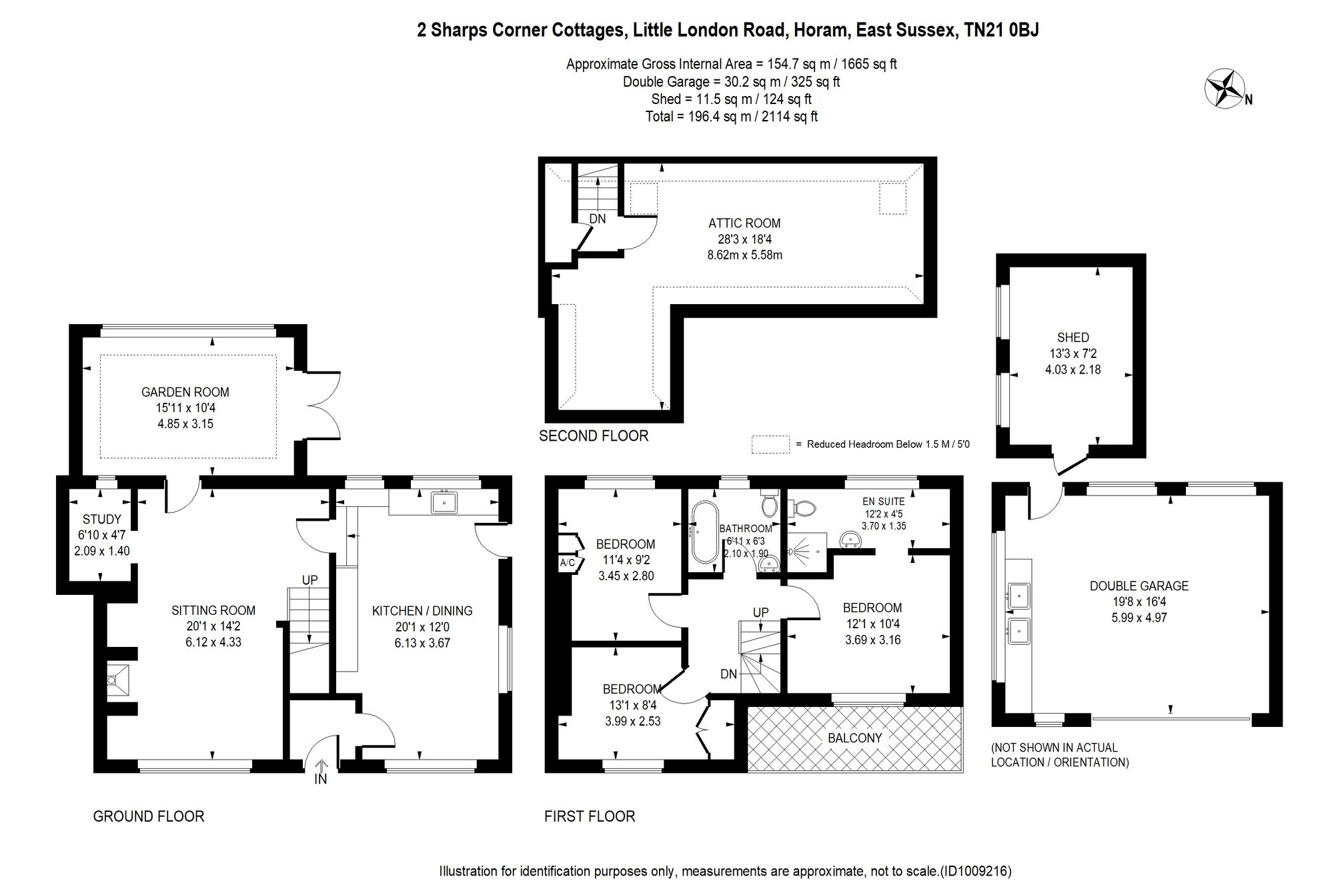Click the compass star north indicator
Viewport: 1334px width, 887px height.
(x=1225, y=89)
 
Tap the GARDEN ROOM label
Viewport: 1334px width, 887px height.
(x=185, y=392)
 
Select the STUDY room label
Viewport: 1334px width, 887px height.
(x=102, y=519)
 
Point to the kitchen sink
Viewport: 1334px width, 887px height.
(x=444, y=502)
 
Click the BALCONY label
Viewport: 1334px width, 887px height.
(x=855, y=738)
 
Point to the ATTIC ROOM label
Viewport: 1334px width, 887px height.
(x=744, y=223)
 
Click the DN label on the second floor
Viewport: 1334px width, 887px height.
(x=598, y=219)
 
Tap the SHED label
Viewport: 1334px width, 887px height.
(x=1073, y=337)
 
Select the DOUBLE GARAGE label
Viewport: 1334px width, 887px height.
(x=1139, y=586)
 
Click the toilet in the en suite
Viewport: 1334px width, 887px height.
(x=802, y=509)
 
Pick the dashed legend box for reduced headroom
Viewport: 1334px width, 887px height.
(x=770, y=444)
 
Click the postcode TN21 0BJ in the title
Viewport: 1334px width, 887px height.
(x=1002, y=30)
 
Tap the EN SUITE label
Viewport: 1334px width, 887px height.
(x=883, y=502)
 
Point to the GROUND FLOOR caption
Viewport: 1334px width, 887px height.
(x=149, y=816)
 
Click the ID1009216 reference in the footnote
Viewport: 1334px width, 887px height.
(x=976, y=871)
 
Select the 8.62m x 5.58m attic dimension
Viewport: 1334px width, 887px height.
(x=744, y=255)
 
